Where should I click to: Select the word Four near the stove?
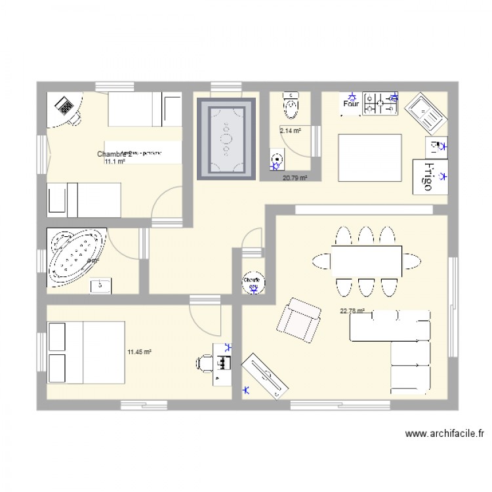pyautogui.click(x=350, y=103)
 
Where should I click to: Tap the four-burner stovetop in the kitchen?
pyautogui.click(x=381, y=101)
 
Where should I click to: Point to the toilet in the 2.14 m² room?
pyautogui.click(x=290, y=103)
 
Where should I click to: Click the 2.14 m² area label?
pyautogui.click(x=291, y=131)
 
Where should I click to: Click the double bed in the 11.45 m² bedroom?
pyautogui.click(x=86, y=352)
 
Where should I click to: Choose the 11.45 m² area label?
pyautogui.click(x=140, y=352)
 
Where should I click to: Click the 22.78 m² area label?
pyautogui.click(x=352, y=312)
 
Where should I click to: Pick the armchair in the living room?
pyautogui.click(x=299, y=319)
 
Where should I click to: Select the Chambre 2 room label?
pyautogui.click(x=114, y=154)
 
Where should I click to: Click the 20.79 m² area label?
pyautogui.click(x=295, y=178)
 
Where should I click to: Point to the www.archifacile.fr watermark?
pyautogui.click(x=445, y=434)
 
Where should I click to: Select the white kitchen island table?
pyautogui.click(x=369, y=157)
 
